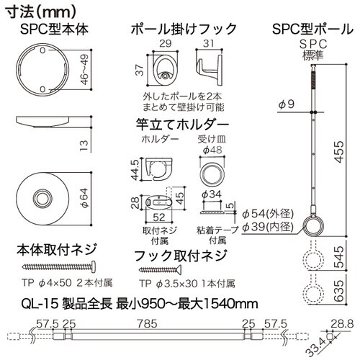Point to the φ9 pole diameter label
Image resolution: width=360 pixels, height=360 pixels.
point(286,105)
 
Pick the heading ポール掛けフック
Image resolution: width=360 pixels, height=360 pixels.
point(184,30)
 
